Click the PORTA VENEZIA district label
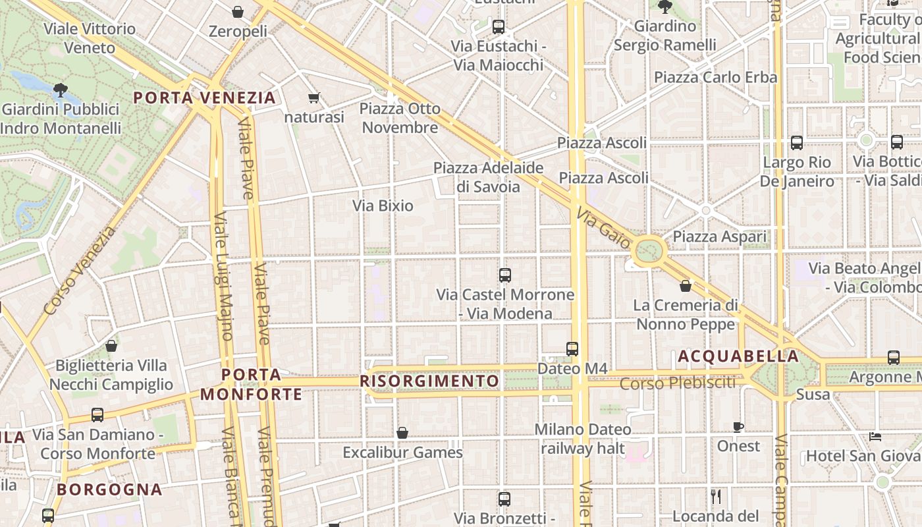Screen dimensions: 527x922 pyautogui.click(x=204, y=98)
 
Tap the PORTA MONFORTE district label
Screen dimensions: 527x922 pyautogui.click(x=251, y=385)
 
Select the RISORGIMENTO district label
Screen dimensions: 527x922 pyautogui.click(x=429, y=381)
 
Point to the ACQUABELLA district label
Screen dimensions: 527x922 pyautogui.click(x=738, y=356)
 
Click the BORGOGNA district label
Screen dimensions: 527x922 pyautogui.click(x=109, y=489)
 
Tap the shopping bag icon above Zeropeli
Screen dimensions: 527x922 pyautogui.click(x=238, y=12)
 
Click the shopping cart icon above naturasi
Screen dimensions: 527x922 pyautogui.click(x=314, y=98)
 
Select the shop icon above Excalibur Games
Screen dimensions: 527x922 pyautogui.click(x=402, y=433)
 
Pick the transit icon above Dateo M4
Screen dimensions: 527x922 pyautogui.click(x=572, y=348)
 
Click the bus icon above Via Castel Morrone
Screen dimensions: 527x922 pyautogui.click(x=505, y=275)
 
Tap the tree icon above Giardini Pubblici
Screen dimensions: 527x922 pyautogui.click(x=61, y=89)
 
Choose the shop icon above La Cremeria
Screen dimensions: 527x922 pyautogui.click(x=686, y=286)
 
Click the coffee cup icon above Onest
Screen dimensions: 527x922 pyautogui.click(x=738, y=427)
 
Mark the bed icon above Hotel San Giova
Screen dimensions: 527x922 pyautogui.click(x=875, y=436)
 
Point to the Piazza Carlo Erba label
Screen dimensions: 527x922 pyautogui.click(x=715, y=77)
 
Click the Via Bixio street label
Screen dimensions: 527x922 pyautogui.click(x=383, y=206)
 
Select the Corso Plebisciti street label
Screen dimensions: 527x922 pyautogui.click(x=678, y=383)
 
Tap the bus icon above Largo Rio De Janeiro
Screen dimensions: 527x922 pyautogui.click(x=797, y=142)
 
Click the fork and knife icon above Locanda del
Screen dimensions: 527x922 pyautogui.click(x=716, y=496)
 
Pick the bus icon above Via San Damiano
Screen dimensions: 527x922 pyautogui.click(x=97, y=415)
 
